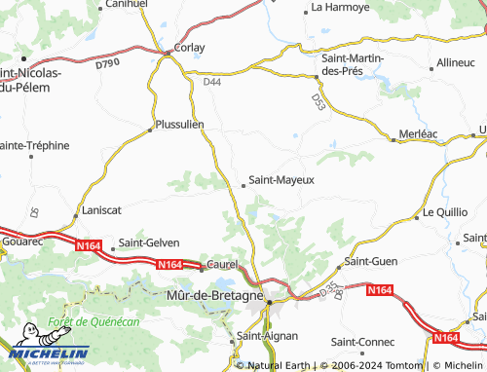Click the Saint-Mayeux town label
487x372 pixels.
click(x=281, y=179)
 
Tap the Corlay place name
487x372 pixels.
click(x=190, y=46)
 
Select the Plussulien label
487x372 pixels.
click(x=179, y=125)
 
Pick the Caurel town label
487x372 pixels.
click(x=223, y=265)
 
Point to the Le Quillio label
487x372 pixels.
click(x=445, y=211)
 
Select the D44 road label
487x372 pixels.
click(x=212, y=84)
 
